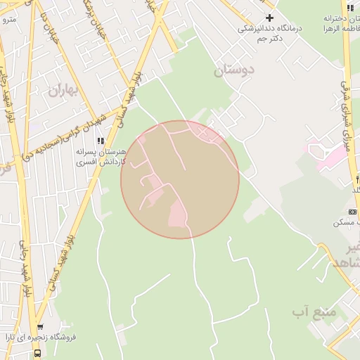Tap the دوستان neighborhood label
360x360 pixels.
(x=233, y=70)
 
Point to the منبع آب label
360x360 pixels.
(x=314, y=310)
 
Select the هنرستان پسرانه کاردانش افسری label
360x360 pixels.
(x=103, y=156)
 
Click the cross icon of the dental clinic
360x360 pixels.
(x=269, y=18)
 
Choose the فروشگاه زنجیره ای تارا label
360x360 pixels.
(x=75, y=337)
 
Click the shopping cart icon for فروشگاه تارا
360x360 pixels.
(x=40, y=327)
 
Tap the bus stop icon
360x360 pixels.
(x=36, y=354)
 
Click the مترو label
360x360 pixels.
(x=8, y=19)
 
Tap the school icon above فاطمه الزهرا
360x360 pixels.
(x=349, y=8)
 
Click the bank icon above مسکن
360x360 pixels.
(x=352, y=211)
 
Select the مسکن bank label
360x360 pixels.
(x=347, y=222)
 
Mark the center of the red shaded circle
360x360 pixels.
(x=180, y=179)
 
